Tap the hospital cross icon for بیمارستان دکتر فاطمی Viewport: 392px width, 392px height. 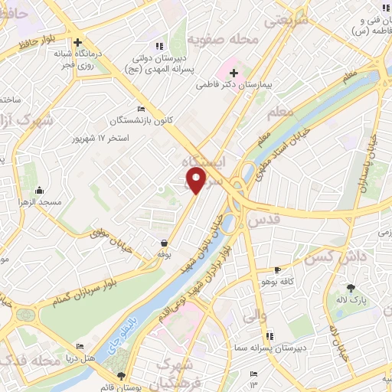click(234, 73)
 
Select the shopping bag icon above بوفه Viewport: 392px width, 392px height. click(165, 243)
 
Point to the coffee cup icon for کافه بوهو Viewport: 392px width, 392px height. click(279, 270)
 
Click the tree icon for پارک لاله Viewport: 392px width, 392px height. click(351, 288)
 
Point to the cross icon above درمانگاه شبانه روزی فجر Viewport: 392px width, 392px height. click(77, 43)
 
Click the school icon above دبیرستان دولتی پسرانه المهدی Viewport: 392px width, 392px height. click(158, 45)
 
